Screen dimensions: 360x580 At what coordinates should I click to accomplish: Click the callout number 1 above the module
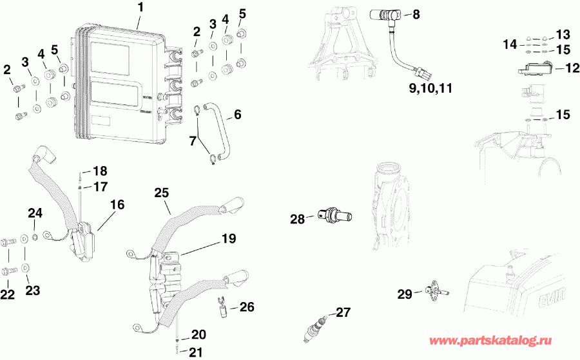(142, 8)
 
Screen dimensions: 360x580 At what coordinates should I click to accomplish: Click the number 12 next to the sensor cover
(573, 67)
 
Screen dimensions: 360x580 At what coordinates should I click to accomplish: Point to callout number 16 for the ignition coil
(117, 204)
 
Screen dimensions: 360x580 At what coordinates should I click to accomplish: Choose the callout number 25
(162, 193)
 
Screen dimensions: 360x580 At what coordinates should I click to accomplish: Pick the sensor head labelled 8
(382, 15)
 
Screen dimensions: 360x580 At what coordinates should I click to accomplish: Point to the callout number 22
(8, 294)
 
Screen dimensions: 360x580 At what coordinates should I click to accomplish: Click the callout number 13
(563, 33)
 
